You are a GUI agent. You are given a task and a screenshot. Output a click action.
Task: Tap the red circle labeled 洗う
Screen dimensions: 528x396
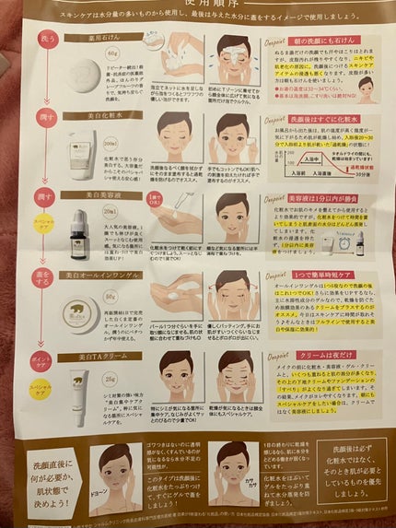[44, 40]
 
